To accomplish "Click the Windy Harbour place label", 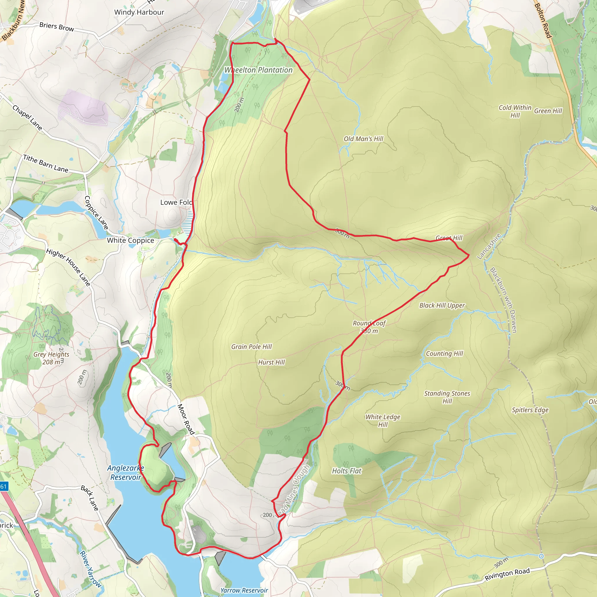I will pos(139,12).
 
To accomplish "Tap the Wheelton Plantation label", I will pos(258,70).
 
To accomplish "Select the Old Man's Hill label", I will pos(364,139).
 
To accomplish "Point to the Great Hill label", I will pos(449,238).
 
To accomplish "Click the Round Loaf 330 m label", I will pos(369,327).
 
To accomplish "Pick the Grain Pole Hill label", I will pos(252,347).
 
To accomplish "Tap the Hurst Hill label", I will pos(271,362).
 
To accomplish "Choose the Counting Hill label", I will pos(444,354).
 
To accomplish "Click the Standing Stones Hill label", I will pos(447,397).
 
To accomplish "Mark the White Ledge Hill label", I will pos(382,421).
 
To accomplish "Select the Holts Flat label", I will pos(346,471).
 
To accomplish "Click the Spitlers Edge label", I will pos(530,410).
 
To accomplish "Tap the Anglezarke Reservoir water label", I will pos(125,473).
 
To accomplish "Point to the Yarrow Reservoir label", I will pos(244,590).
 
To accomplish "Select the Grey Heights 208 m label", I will pos(51,358).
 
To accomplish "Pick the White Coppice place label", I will pos(130,240).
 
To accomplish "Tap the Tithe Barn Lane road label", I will pos(46,164).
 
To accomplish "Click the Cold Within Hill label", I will pos(515,111).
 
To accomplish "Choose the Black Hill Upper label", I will pos(442,305).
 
